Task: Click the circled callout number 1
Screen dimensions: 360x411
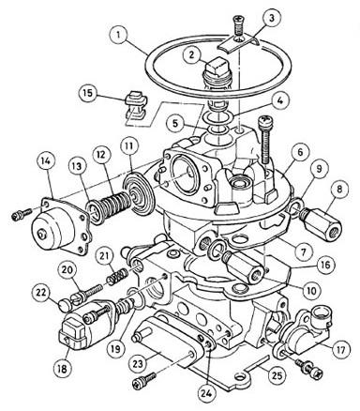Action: point(118,34)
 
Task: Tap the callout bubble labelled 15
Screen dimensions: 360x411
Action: point(88,93)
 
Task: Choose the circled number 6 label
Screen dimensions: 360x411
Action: point(300,152)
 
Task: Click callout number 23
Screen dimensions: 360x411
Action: point(138,363)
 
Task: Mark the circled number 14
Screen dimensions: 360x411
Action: point(46,160)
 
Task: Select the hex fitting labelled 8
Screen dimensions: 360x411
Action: point(322,225)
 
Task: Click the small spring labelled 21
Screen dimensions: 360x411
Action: point(117,275)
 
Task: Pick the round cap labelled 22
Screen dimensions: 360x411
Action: point(66,305)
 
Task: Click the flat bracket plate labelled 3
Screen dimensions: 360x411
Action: point(237,44)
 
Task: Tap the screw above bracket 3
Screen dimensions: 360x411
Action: point(237,25)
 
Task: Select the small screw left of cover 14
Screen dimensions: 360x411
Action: point(22,214)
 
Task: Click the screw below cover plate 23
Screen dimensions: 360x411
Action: point(143,381)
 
